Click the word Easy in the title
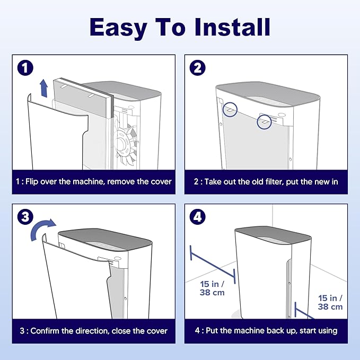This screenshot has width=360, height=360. (x=118, y=28)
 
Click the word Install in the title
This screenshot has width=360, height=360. (x=232, y=27)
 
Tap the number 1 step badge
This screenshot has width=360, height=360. (x=25, y=68)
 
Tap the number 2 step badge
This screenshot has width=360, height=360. (x=197, y=68)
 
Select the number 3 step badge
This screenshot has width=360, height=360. (x=25, y=217)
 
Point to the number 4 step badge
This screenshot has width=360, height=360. (x=197, y=217)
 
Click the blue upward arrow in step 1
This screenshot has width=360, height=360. (x=43, y=88)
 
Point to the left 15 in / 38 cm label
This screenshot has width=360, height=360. (x=212, y=288)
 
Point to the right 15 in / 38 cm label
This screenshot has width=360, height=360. (x=330, y=302)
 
